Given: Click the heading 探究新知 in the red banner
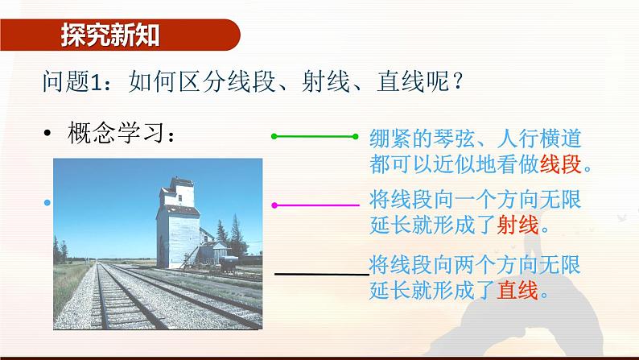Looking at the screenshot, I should [110, 35].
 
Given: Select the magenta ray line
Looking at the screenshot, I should [317, 205].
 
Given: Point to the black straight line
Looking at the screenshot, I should [321, 274].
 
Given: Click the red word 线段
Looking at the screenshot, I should [560, 165].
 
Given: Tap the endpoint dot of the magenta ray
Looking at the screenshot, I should [275, 205].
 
